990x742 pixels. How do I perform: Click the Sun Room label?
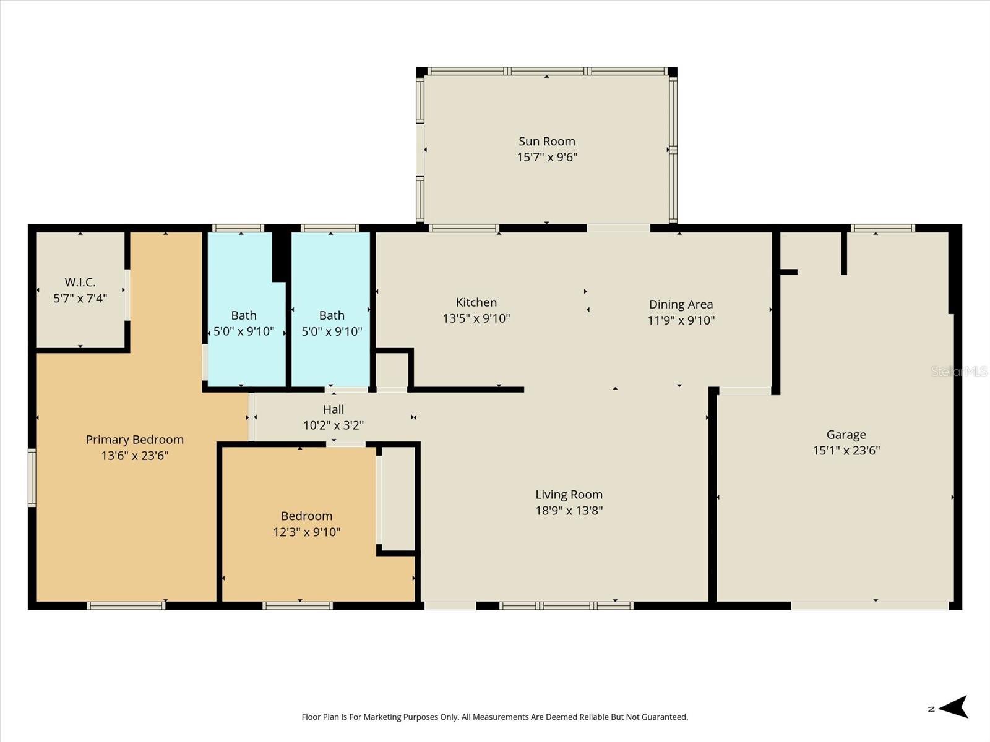(546, 142)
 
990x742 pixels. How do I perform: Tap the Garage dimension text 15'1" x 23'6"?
(846, 451)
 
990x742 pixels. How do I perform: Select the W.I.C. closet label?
(80, 283)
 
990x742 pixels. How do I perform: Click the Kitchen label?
(476, 302)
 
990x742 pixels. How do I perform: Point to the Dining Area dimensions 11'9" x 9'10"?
(681, 320)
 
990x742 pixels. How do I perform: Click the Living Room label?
(569, 495)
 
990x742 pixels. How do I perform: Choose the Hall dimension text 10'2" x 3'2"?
(333, 425)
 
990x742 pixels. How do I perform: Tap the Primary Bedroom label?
(134, 440)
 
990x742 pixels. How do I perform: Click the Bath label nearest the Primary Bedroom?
(243, 315)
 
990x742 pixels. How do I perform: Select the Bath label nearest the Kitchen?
(332, 315)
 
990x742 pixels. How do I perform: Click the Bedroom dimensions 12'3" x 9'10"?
(306, 532)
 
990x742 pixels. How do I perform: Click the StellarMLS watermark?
(960, 371)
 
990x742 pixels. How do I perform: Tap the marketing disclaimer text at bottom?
(494, 717)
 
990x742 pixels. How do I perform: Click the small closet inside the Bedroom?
(398, 498)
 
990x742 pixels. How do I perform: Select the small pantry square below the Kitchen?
(392, 370)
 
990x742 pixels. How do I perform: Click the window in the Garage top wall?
(882, 228)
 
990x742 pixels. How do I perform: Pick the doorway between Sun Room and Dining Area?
(618, 228)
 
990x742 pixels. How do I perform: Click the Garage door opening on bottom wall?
(869, 606)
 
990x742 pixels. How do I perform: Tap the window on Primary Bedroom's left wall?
(32, 478)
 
